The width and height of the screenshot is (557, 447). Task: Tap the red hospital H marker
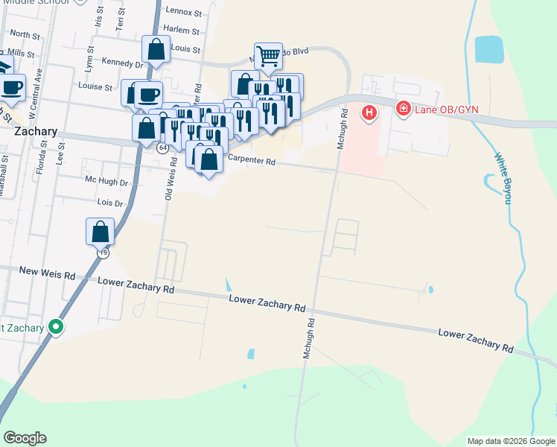[x=369, y=113]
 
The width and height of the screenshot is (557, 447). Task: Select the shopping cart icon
[x=268, y=54]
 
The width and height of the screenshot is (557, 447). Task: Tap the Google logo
[x=25, y=437]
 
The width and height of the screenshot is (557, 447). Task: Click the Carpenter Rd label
[x=252, y=160]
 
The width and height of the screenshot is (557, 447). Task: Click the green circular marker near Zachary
[x=55, y=326]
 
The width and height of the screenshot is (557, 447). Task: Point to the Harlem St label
[x=182, y=31]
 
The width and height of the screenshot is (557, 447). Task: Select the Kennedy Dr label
[x=124, y=65]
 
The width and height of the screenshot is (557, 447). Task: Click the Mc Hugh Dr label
[x=106, y=181]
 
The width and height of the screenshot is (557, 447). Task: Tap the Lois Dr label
[x=109, y=202]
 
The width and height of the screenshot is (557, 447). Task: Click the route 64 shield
[x=162, y=148]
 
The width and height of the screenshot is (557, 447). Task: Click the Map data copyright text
[x=510, y=441]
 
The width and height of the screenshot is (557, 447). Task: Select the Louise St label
[x=94, y=86]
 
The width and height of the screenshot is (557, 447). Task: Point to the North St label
[x=25, y=35]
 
